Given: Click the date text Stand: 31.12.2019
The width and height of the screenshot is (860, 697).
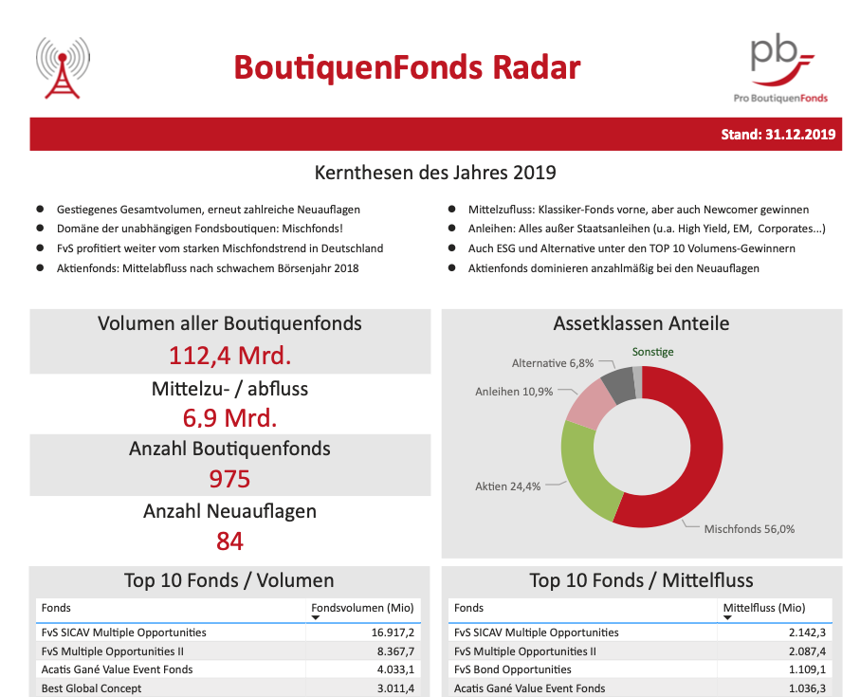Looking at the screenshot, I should [x=778, y=135].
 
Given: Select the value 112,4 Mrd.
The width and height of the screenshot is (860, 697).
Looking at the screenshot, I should [x=230, y=356].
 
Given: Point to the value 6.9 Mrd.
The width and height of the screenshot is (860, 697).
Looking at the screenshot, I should [x=230, y=418].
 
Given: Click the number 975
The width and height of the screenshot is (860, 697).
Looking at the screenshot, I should [x=230, y=478].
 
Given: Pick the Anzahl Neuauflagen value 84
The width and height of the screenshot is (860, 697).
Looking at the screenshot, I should [x=230, y=541].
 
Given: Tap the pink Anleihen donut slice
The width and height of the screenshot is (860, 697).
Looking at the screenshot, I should [x=591, y=402].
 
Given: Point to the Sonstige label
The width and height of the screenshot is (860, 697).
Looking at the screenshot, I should [x=653, y=352].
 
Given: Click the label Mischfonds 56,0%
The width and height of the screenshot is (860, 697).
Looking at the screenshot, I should [x=749, y=529].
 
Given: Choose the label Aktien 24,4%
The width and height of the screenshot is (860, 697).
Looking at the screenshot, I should [x=507, y=486].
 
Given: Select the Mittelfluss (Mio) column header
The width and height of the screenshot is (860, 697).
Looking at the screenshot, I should [x=764, y=608].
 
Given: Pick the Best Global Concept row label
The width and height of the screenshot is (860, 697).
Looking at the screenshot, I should [x=91, y=688].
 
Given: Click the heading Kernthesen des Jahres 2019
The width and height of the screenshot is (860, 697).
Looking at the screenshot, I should [x=435, y=174].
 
